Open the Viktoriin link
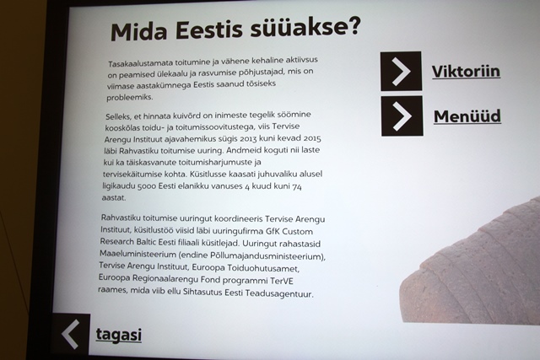pos(466,72)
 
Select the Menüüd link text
pos(467,116)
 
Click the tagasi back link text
pos(118,335)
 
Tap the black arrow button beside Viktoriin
pos(401,72)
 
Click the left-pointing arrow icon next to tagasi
pos(71,334)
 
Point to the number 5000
pos(147,186)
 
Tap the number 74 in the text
pos(297,186)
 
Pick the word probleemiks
pos(129,98)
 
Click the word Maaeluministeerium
pos(138,255)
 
